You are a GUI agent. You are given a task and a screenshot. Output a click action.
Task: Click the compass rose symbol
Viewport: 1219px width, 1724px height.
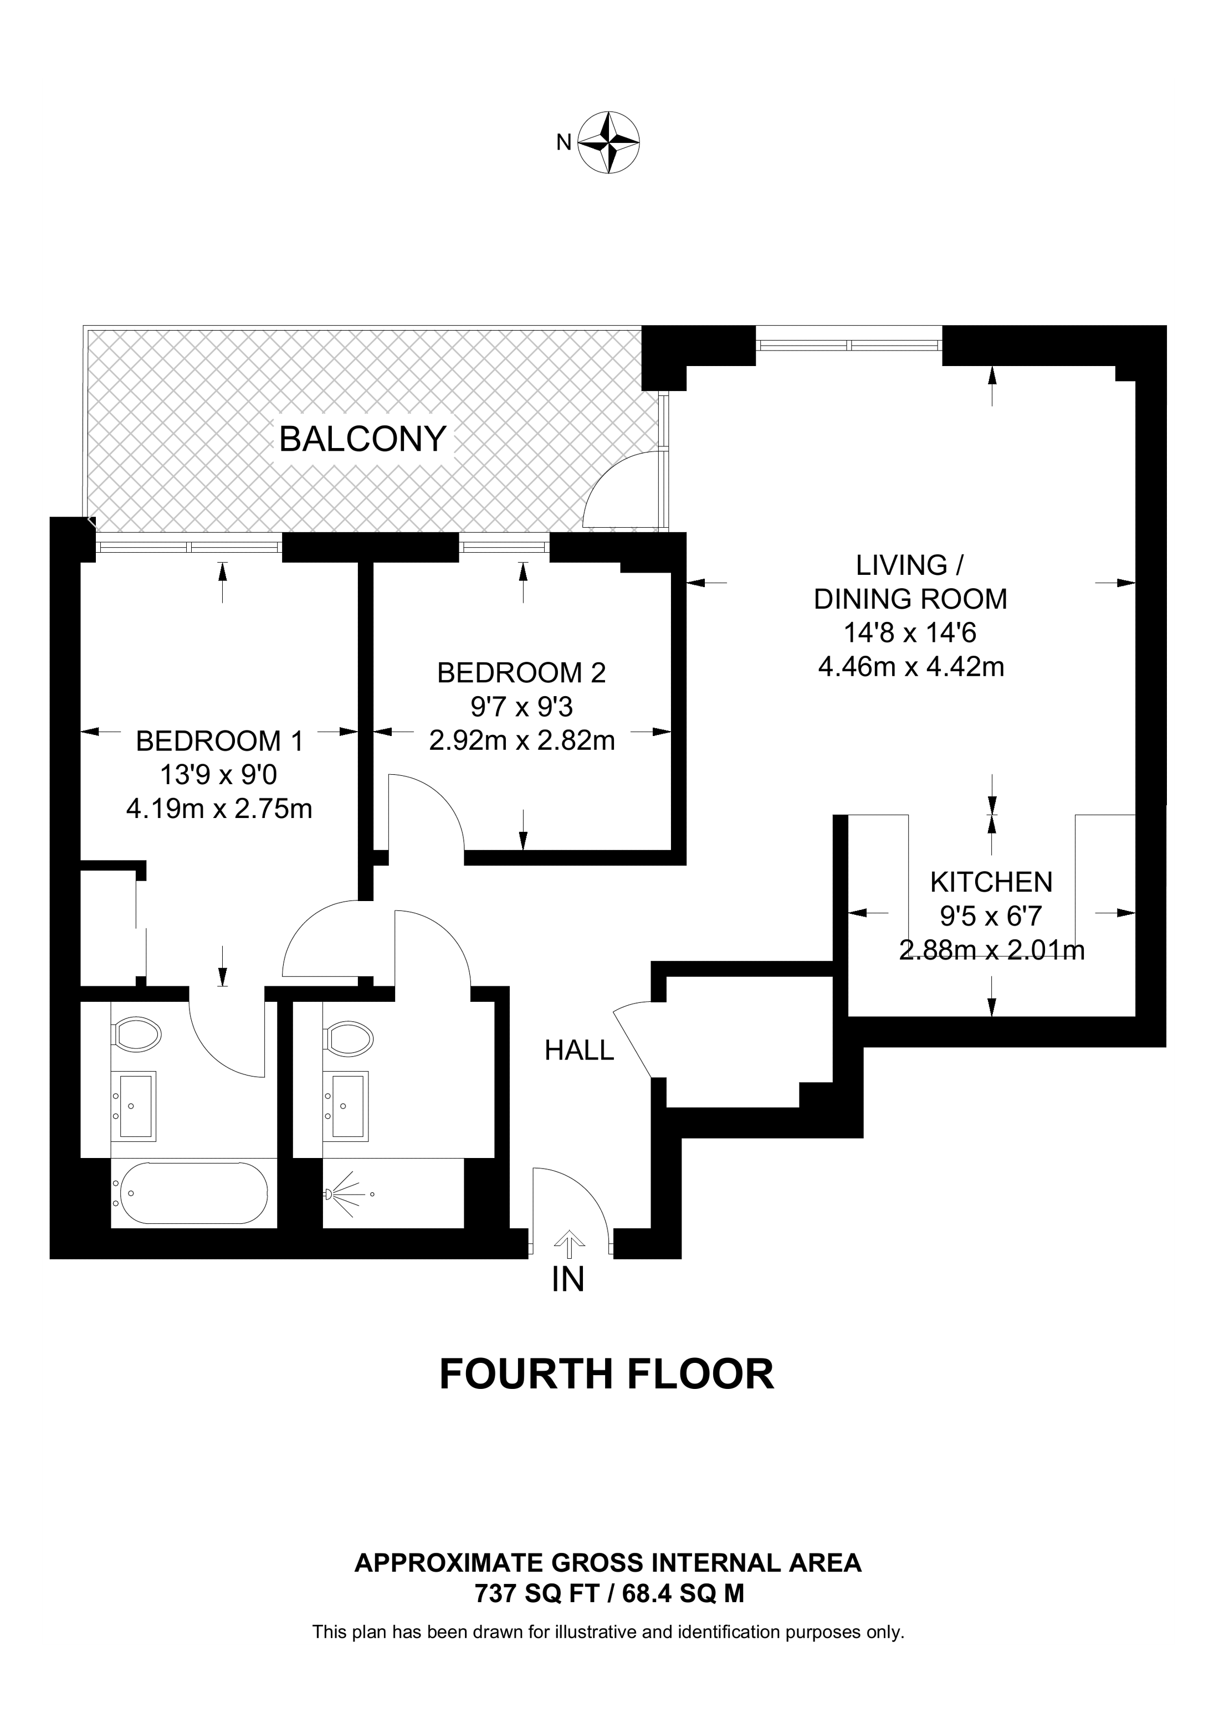point(608,143)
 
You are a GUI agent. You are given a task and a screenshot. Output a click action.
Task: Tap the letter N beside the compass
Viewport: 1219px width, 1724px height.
point(564,142)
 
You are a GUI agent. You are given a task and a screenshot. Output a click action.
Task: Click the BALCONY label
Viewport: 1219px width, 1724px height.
point(363,439)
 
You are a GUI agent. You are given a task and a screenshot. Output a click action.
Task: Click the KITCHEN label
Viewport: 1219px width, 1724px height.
point(991,882)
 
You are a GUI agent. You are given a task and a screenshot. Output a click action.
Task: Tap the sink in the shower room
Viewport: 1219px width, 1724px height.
point(346,1105)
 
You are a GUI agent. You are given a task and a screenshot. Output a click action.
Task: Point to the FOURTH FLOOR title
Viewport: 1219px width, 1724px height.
point(606,1374)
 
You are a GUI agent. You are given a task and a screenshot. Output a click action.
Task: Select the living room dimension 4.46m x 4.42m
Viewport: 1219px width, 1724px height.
point(910,667)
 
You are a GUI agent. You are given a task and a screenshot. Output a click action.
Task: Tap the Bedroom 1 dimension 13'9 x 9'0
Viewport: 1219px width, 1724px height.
point(219,774)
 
